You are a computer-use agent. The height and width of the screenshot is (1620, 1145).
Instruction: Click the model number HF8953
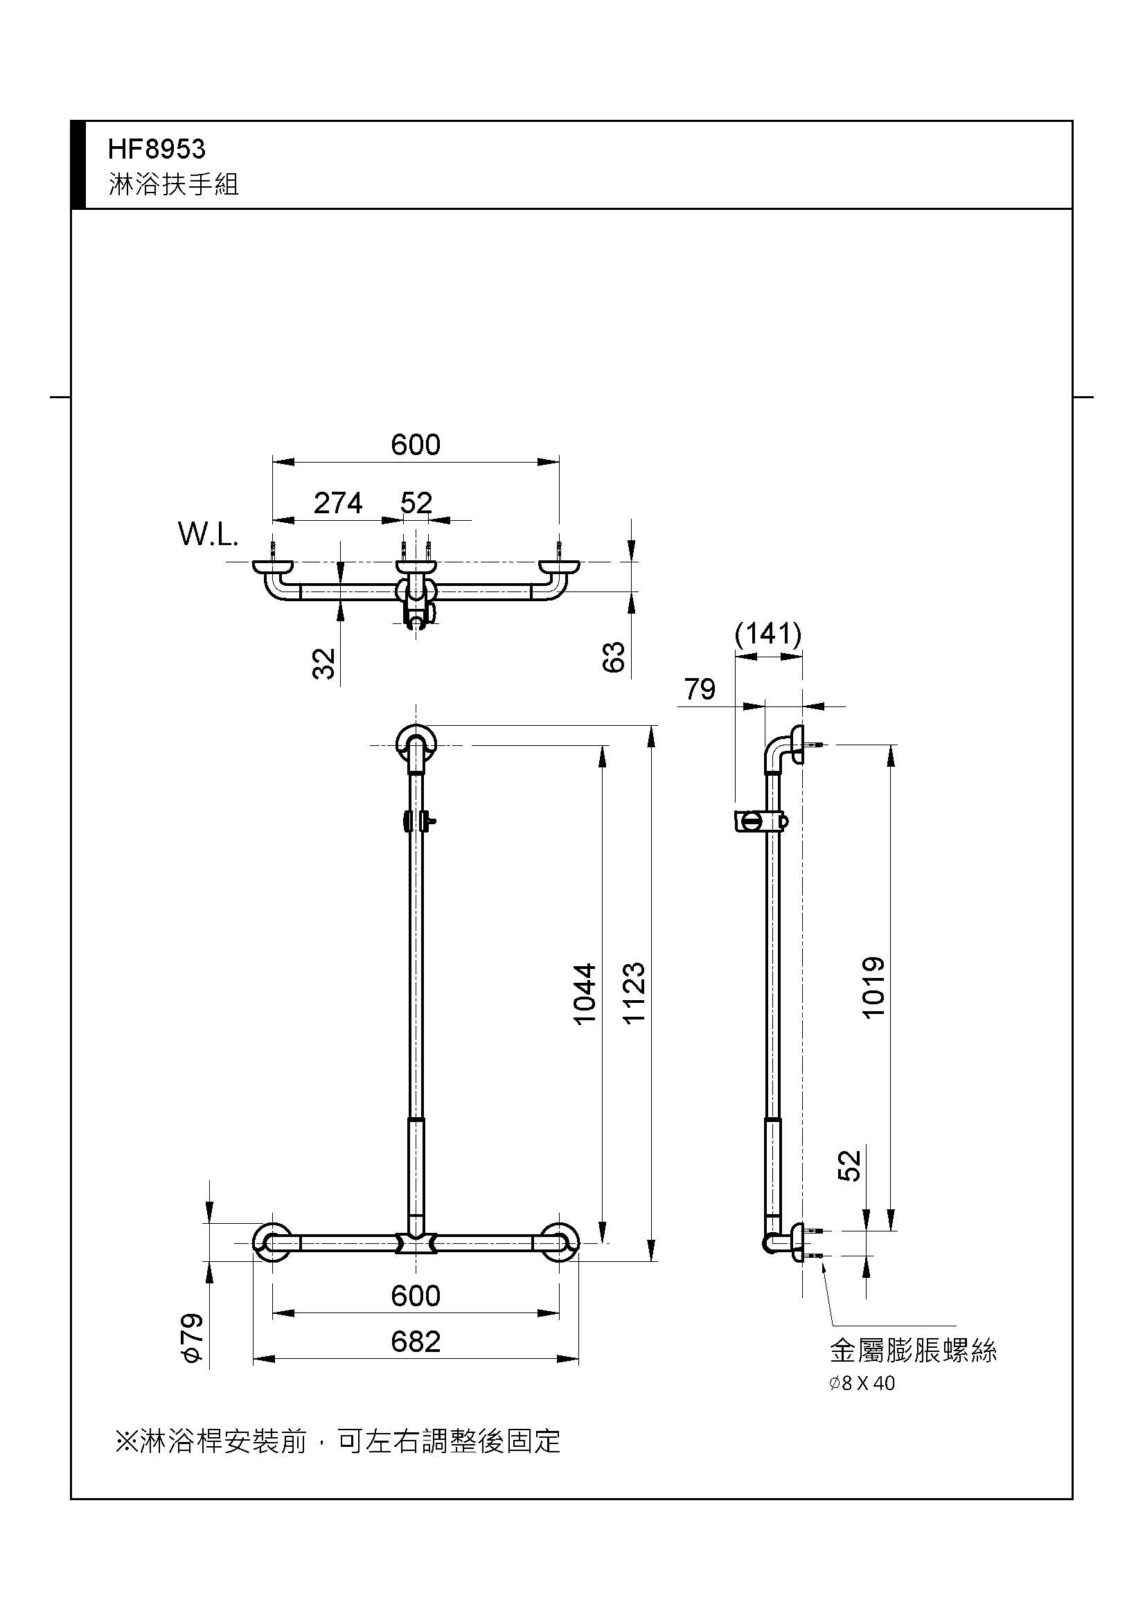coord(157,149)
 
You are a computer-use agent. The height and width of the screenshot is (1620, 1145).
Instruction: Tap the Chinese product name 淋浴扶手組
coord(174,184)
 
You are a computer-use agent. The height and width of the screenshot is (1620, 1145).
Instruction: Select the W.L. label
coord(208,535)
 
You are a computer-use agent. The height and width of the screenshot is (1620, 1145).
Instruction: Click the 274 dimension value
coord(338,503)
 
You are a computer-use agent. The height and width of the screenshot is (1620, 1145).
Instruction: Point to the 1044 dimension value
coord(585,994)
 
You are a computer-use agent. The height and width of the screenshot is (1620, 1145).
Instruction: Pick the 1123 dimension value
coord(634,993)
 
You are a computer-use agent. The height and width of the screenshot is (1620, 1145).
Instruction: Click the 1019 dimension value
coord(873,988)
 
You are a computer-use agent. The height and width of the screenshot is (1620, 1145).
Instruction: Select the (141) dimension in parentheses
coord(768,634)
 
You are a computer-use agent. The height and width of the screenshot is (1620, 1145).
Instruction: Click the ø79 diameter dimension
coord(193,1338)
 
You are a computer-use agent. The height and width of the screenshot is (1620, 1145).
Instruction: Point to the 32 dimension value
coord(323,664)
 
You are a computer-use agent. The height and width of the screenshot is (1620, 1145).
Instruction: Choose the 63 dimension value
coord(614,657)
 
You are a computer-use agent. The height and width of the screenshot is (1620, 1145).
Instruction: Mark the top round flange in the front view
coord(416,744)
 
